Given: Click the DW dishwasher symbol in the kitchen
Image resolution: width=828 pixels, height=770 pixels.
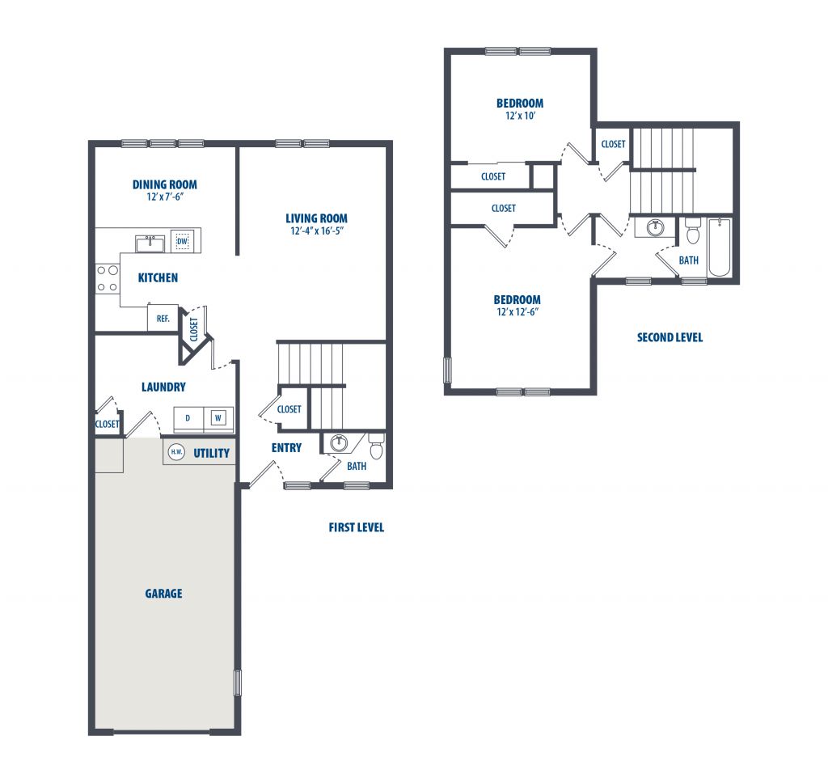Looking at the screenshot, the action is (182, 241).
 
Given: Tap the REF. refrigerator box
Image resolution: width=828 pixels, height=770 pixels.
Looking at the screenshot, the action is (163, 318).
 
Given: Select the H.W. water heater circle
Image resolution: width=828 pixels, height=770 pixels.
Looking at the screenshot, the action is (176, 452).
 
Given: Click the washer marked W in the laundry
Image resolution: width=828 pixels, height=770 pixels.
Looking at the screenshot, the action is (218, 418).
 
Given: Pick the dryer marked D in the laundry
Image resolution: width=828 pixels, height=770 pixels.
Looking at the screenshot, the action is (188, 418).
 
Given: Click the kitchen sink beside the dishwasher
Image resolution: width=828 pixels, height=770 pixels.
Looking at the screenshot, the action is (150, 243).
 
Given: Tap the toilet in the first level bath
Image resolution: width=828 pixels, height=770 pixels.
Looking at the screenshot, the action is (376, 446).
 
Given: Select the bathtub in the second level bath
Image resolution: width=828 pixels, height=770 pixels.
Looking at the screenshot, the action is (719, 247).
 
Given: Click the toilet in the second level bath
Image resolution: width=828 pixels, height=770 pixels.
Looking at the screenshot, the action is (693, 231).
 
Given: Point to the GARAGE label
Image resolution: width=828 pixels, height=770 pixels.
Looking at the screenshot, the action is (163, 594).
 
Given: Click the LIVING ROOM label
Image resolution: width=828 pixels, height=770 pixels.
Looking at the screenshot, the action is (316, 218).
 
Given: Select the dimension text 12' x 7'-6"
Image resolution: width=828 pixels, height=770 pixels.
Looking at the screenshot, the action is (165, 197).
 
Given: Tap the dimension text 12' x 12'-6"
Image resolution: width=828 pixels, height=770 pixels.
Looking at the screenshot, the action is (517, 311).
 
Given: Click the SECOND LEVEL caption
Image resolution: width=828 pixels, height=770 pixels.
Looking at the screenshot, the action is (670, 337).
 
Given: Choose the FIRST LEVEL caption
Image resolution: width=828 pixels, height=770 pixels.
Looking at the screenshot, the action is (357, 527).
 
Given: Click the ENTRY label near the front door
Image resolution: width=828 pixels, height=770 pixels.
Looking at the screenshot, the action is (287, 448).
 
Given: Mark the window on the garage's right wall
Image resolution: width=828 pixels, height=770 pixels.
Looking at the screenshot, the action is (238, 683).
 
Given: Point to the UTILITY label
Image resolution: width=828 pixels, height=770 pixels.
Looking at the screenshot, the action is (211, 453).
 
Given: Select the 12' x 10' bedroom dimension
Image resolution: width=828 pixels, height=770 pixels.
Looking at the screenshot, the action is (520, 116).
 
